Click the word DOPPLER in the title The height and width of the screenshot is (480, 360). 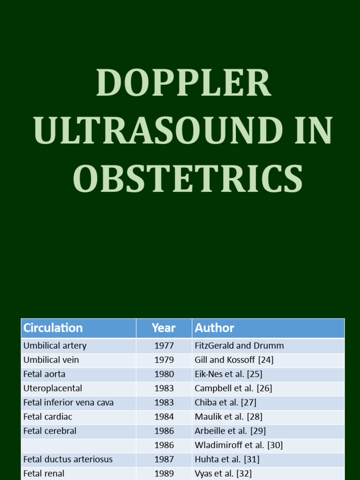tap(183, 83)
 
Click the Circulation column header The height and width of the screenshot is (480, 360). tap(53, 328)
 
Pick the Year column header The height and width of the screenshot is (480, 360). tap(164, 328)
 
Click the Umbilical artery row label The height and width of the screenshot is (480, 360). tap(55, 346)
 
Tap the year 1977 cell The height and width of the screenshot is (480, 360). tap(164, 346)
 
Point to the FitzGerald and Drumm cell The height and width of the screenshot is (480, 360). tap(239, 346)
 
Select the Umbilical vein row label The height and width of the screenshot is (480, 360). tap(51, 360)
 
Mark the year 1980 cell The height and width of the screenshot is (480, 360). tap(164, 374)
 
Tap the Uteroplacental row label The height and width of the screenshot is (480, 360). tap(52, 388)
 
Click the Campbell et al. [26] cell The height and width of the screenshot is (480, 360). tap(233, 388)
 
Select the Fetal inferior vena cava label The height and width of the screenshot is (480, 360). tap(68, 403)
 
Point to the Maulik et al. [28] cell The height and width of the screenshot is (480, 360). tap(228, 417)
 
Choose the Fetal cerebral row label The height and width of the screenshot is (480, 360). tap(50, 431)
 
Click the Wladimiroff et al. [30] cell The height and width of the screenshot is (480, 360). tap(239, 445)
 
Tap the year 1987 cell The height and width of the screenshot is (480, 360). tap(164, 459)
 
